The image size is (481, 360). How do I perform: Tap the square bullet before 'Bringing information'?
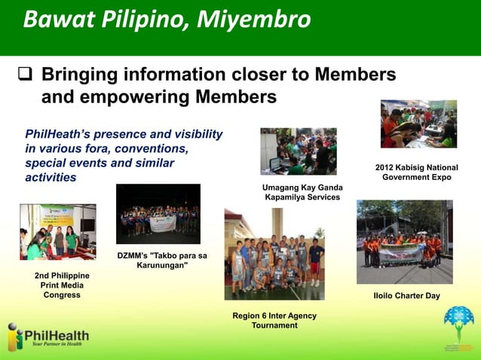pyautogui.click(x=23, y=76)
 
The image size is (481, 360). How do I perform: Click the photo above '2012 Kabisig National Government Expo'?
pyautogui.click(x=418, y=124)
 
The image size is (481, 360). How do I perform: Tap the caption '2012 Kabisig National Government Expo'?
pyautogui.click(x=416, y=172)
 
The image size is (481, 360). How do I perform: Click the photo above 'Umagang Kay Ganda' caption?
pyautogui.click(x=299, y=151)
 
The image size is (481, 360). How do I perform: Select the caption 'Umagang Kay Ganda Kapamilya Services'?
pyautogui.click(x=302, y=192)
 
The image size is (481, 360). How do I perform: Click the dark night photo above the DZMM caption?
pyautogui.click(x=158, y=214)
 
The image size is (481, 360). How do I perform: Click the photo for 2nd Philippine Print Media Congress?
pyautogui.click(x=58, y=232)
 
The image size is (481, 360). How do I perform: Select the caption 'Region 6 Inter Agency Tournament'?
pyautogui.click(x=274, y=320)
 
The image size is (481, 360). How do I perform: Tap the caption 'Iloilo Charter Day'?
pyautogui.click(x=406, y=296)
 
